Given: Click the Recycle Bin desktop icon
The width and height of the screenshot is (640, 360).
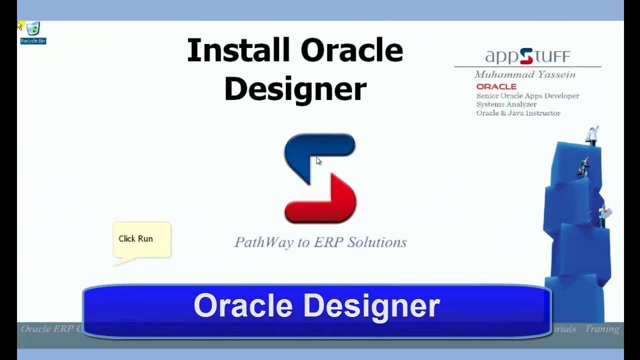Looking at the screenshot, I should [x=33, y=31].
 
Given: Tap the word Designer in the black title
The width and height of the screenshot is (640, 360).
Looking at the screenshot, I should [x=295, y=89].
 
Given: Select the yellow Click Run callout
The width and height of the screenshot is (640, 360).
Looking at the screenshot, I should [x=142, y=239].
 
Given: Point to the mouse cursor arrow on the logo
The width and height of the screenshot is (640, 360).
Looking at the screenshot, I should [x=318, y=160].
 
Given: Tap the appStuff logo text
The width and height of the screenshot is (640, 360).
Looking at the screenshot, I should [x=527, y=56].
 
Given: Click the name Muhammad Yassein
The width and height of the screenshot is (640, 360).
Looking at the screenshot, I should [x=524, y=74].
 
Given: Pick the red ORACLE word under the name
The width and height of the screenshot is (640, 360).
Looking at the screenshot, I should [x=496, y=86].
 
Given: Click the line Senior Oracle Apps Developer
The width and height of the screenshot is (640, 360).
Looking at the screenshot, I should [x=527, y=95].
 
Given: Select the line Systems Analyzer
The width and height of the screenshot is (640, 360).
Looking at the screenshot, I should [x=506, y=104].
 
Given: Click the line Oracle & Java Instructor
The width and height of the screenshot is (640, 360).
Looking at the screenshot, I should [x=518, y=113].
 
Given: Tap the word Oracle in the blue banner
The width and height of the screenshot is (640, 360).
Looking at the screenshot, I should [x=243, y=305].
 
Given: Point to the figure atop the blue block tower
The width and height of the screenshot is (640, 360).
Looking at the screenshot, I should [x=592, y=135].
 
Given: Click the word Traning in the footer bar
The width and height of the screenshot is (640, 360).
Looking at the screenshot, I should [x=602, y=329].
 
